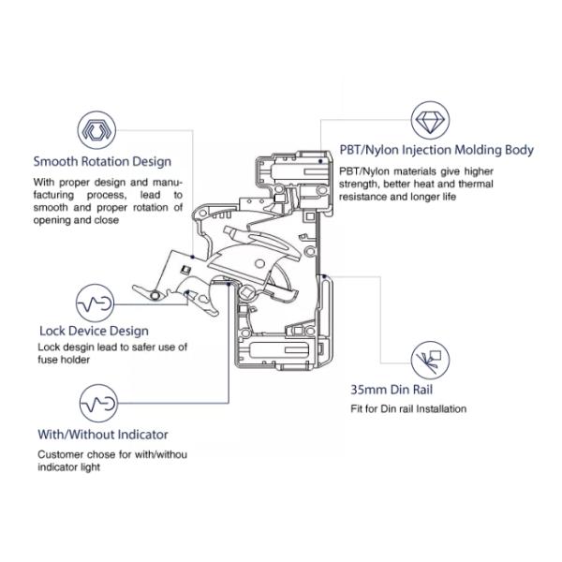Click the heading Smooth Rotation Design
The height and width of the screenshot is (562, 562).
pos(102,160)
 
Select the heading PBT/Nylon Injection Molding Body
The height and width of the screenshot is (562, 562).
pos(437,150)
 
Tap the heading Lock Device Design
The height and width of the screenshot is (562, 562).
pos(94,331)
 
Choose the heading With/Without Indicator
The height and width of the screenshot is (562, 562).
pos(103,435)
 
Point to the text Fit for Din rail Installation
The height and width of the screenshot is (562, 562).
pos(408,408)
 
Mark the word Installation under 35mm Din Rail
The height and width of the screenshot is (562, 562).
pos(441,408)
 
